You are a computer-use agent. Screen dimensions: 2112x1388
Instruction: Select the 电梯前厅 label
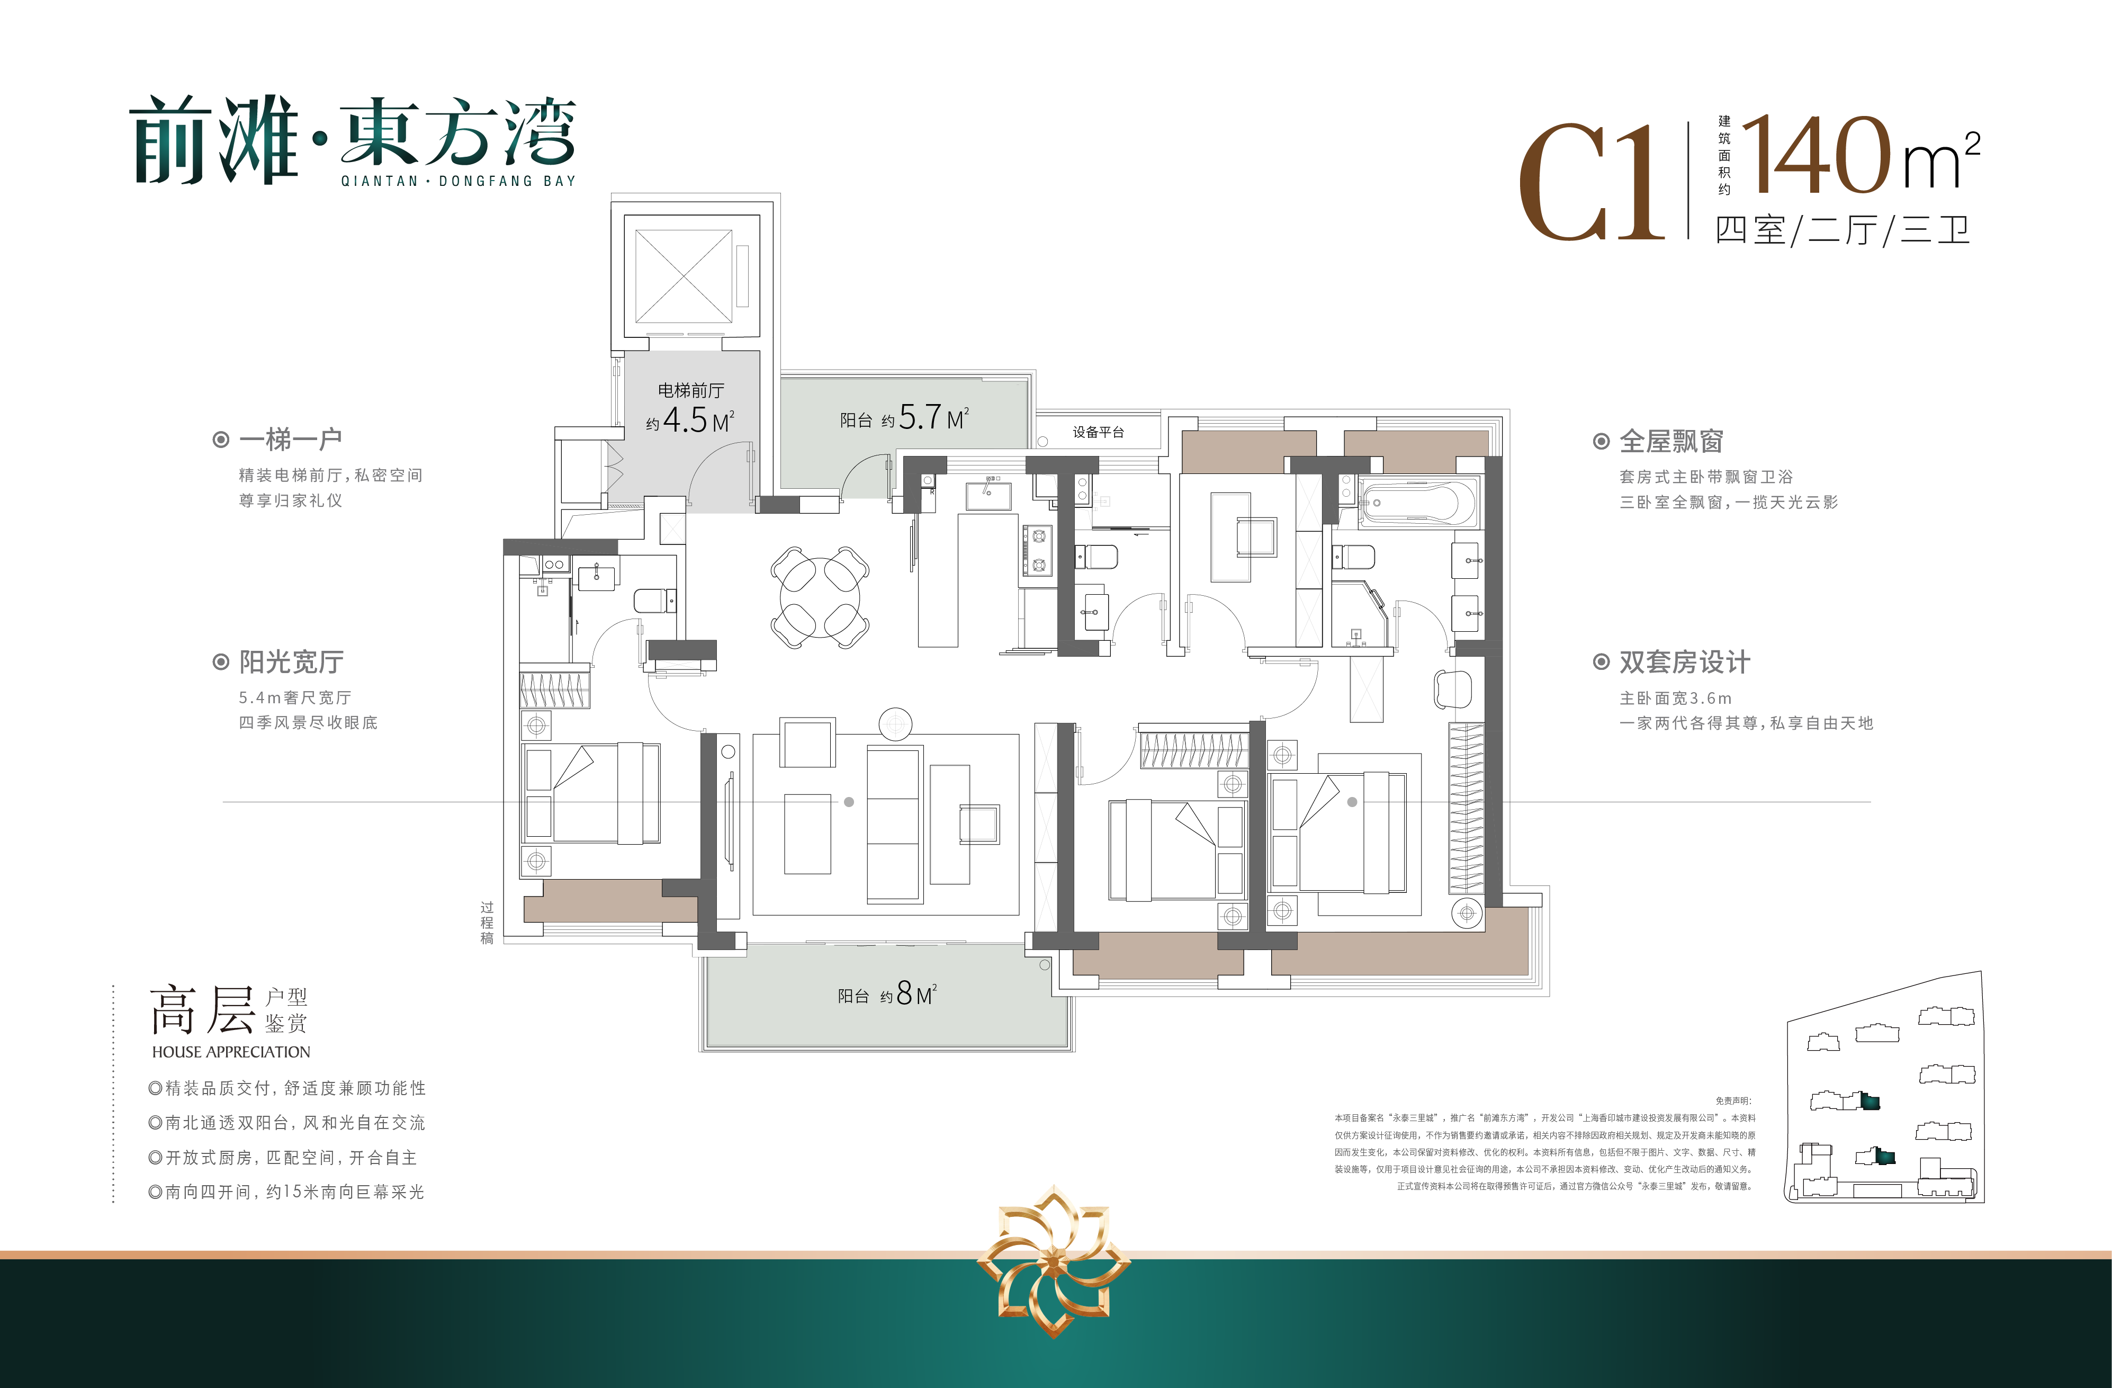690,390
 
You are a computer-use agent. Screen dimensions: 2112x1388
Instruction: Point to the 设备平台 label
1099,432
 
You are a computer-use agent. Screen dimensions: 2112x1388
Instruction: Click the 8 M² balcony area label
887,994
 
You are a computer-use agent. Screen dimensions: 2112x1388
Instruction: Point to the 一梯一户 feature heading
290,440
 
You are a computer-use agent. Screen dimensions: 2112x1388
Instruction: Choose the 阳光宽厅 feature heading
291,662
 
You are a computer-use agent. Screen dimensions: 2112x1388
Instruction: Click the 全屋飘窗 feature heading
1671,441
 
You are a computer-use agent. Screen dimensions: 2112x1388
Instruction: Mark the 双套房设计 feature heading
1684,662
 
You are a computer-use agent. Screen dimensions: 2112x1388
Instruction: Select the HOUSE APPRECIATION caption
231,1052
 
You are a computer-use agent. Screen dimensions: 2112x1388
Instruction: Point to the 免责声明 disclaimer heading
1733,1100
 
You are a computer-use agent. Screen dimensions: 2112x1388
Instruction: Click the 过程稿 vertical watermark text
486,923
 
